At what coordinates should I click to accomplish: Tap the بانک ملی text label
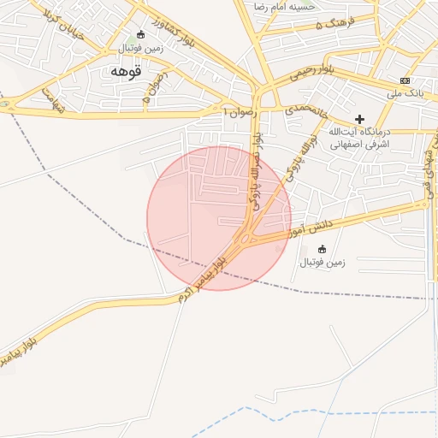pos(405,92)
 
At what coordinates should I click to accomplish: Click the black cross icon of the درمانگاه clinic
pos(359,119)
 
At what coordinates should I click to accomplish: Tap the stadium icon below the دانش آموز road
pos(322,249)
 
